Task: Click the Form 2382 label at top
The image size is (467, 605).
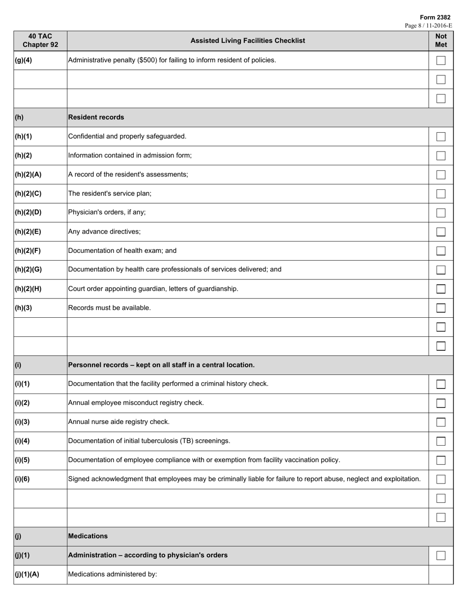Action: point(435,17)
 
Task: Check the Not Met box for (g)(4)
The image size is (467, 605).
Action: point(441,60)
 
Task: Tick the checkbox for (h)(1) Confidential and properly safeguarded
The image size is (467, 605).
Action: point(441,136)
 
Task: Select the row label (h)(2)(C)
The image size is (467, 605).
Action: point(28,193)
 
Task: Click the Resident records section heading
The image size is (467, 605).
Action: point(96,117)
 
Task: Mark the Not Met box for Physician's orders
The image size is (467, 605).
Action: point(441,212)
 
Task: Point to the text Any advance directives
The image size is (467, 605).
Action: point(104,231)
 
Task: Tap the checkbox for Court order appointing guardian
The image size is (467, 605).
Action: point(441,289)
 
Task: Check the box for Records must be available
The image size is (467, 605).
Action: point(441,308)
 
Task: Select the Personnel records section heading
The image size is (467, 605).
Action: point(161,365)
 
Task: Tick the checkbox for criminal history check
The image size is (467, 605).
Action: point(441,384)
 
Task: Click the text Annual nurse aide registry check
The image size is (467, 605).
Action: point(118,422)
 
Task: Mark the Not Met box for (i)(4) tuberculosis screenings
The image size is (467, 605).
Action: point(441,441)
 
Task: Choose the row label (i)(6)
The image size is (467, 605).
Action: point(22,479)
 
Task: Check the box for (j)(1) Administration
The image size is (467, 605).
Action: point(441,555)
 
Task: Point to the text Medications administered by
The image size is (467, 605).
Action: point(113,574)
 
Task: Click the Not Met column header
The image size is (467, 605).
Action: point(441,40)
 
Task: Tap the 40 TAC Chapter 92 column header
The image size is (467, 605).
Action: point(40,40)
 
